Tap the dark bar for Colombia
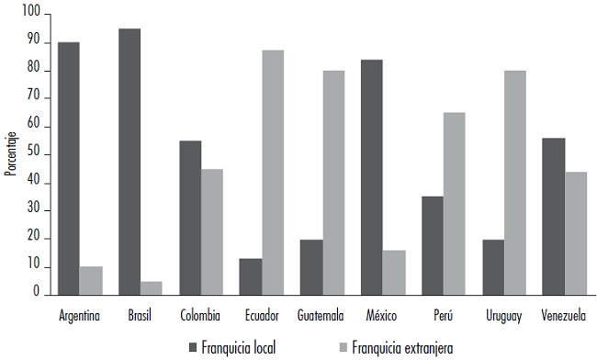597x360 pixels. [189, 218]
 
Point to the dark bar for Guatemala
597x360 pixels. [310, 266]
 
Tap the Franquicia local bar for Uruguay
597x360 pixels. [493, 266]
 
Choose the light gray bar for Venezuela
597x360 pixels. [576, 233]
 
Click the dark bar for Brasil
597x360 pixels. [130, 162]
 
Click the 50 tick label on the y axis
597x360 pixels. [34, 154]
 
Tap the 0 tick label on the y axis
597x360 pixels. [38, 295]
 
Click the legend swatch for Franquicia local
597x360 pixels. [193, 347]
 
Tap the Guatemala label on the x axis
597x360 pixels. [321, 317]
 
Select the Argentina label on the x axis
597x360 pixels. [80, 317]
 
